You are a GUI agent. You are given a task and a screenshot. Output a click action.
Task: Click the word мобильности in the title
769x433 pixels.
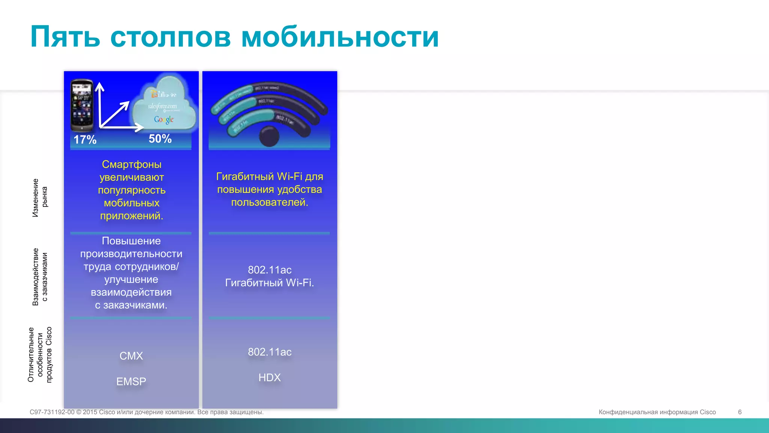pos(340,37)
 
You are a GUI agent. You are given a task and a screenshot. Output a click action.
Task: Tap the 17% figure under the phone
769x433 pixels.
pos(85,140)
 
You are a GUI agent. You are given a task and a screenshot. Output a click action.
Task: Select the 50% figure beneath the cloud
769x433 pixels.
pos(160,139)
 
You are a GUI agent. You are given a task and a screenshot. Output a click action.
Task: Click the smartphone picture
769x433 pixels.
pos(82,105)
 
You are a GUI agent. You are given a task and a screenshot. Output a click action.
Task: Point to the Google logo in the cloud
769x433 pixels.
pos(164,120)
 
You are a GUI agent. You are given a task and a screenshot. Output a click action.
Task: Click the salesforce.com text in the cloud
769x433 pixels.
pos(162,106)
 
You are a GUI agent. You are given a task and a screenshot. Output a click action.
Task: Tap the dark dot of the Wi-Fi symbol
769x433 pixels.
pos(269,136)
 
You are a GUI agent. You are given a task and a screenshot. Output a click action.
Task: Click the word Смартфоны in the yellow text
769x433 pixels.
pos(131,164)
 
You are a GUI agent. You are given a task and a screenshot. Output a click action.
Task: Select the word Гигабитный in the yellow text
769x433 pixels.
pos(245,177)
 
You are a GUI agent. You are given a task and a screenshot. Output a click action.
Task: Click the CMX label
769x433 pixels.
pos(131,356)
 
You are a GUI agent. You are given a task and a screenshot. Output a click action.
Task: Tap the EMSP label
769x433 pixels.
pos(131,382)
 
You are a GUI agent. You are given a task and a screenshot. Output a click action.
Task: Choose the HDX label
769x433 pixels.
pos(270,377)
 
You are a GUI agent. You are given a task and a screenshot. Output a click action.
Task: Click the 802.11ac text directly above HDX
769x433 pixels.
pos(270,352)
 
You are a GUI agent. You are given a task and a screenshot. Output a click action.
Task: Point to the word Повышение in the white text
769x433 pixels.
pos(131,241)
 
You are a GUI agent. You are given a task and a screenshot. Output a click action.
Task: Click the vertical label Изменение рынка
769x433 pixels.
pos(40,198)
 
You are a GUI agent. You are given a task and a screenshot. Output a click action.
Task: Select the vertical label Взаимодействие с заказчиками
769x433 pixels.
pos(40,277)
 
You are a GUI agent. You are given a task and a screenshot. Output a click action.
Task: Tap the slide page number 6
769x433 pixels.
pos(740,412)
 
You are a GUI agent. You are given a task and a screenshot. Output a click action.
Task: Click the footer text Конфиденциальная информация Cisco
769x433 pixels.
pos(657,412)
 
